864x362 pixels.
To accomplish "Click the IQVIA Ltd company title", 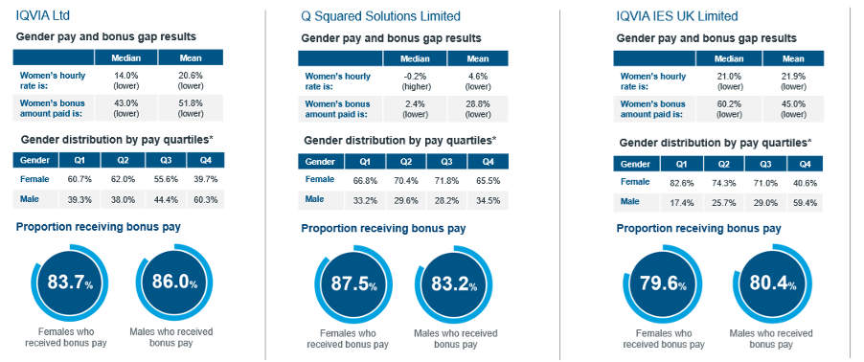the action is tap(42, 15).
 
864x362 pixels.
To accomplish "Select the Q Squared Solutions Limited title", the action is tap(380, 16).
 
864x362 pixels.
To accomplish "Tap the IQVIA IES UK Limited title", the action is tap(677, 16).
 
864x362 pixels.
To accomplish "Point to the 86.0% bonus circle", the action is tap(170, 283).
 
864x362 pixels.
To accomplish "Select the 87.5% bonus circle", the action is tap(353, 284).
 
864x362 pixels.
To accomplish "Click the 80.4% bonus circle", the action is tap(773, 285).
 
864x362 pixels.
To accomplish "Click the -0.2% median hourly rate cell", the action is tap(415, 81).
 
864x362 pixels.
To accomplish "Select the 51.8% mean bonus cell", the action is tap(190, 108).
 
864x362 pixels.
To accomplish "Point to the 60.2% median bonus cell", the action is tap(729, 108).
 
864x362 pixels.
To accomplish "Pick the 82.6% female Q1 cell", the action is tap(682, 183).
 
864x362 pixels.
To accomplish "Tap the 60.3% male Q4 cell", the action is tap(206, 200).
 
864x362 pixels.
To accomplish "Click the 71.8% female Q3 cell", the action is tap(447, 180).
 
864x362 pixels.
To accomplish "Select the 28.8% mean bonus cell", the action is tap(478, 108).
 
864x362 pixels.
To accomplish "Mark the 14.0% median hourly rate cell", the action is tap(126, 80).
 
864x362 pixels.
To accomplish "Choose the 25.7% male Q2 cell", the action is tap(723, 203).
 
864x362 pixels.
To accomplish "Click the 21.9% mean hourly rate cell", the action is tap(793, 81).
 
